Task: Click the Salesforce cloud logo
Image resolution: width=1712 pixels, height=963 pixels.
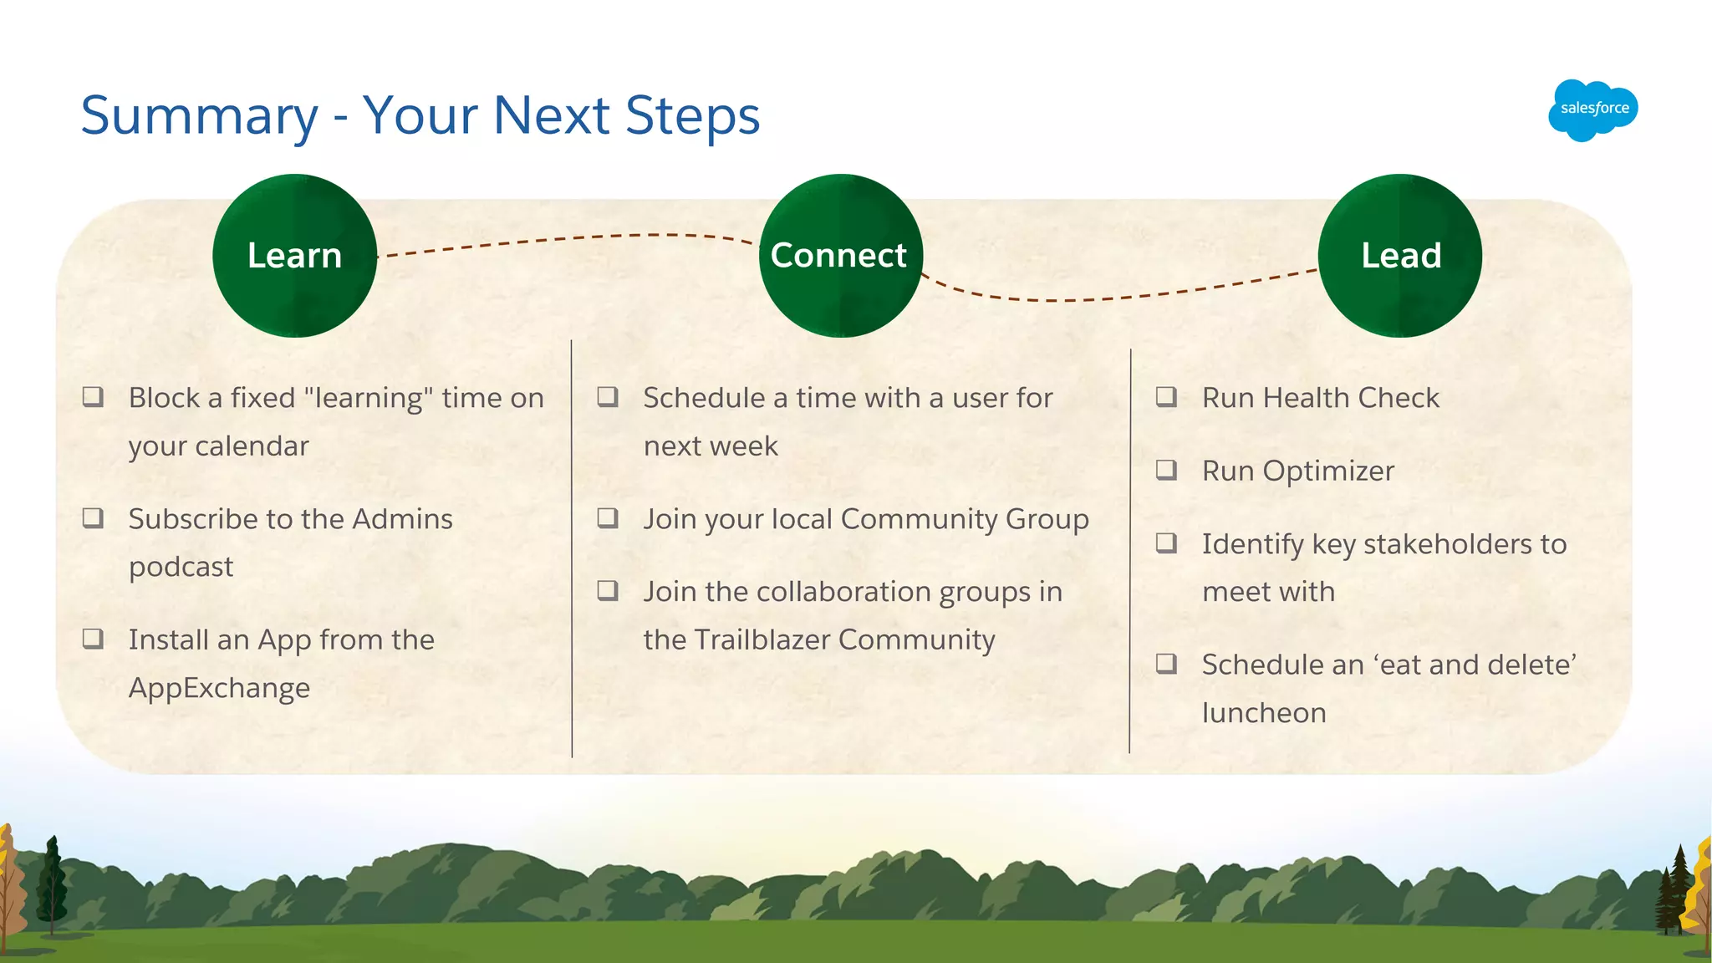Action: pos(1592,110)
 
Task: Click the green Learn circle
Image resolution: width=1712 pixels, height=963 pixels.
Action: pos(294,256)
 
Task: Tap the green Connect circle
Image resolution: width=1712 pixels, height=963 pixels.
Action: pos(839,256)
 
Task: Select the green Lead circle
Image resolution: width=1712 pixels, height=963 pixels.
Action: pos(1400,256)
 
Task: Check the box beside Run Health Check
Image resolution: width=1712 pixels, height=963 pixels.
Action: pos(1166,396)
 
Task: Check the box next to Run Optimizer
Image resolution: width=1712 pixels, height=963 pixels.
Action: pos(1166,470)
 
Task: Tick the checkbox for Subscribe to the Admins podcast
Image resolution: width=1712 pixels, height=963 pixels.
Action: pos(93,518)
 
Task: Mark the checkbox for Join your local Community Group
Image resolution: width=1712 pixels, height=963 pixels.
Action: pos(608,518)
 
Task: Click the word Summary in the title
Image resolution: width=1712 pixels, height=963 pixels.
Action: pos(199,115)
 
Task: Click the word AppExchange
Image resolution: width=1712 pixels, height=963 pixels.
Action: pos(219,688)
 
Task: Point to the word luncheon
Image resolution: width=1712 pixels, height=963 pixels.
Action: pos(1264,713)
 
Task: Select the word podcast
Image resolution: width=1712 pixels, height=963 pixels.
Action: pos(181,567)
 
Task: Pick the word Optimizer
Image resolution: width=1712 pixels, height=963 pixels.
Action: pos(1328,471)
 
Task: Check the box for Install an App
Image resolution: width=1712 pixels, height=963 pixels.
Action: pos(93,639)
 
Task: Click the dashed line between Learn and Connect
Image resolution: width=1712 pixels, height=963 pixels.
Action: pos(568,239)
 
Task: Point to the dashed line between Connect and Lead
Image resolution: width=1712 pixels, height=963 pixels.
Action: pos(1120,297)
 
